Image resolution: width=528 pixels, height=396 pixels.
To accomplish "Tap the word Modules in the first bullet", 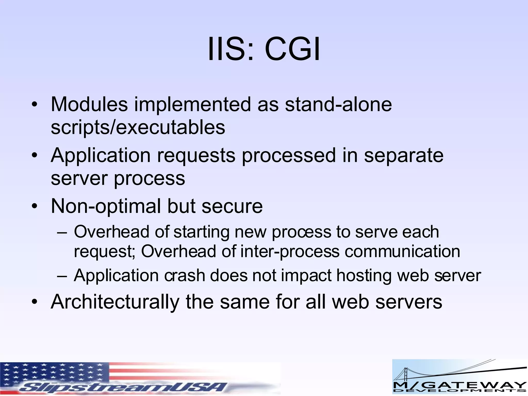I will [89, 104].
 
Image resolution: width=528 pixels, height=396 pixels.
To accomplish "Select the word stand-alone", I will [338, 104].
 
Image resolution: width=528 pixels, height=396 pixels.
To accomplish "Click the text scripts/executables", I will [138, 127].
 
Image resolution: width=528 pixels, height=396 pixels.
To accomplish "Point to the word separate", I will [403, 155].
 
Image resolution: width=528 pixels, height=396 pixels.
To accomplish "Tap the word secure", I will [232, 206].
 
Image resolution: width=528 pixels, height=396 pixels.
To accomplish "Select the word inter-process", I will [290, 251].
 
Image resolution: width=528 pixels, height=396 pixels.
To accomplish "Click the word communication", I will [402, 251].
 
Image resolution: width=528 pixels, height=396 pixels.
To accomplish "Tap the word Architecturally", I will [115, 302].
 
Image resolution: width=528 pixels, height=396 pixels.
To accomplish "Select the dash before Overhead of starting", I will [62, 232].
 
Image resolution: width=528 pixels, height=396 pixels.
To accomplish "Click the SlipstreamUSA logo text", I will [124, 387].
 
